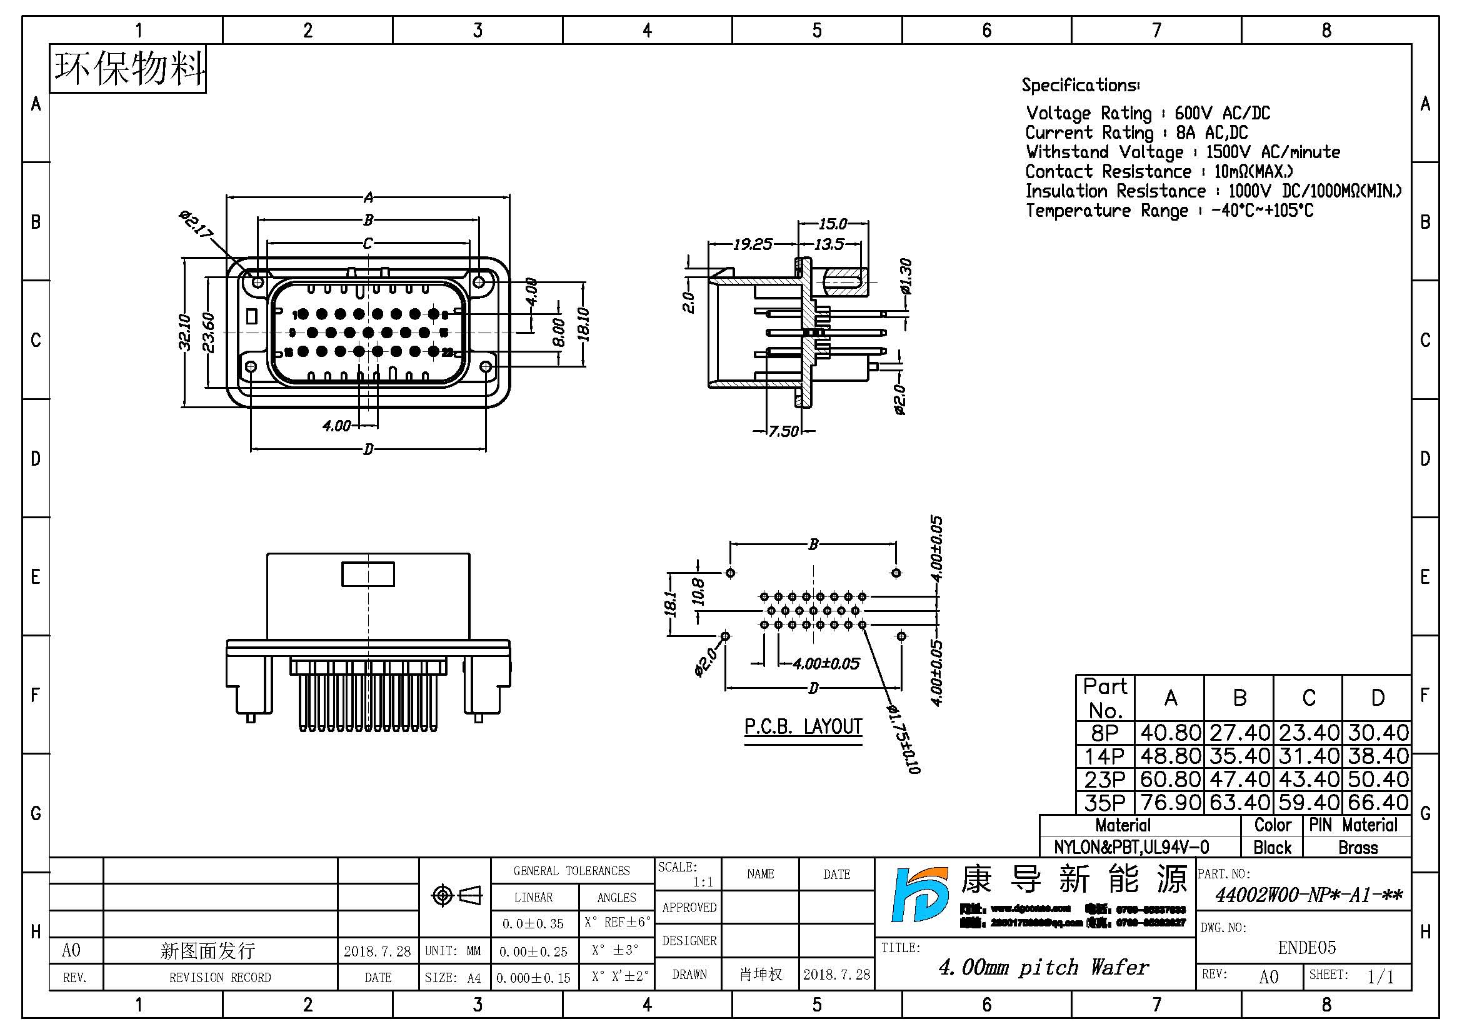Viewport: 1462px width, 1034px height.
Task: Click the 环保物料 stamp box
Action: [x=128, y=69]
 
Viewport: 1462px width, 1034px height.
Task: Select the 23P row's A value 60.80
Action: [x=1170, y=779]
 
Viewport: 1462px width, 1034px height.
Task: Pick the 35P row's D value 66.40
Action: [x=1378, y=802]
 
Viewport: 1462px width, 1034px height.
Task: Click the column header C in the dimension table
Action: [x=1308, y=698]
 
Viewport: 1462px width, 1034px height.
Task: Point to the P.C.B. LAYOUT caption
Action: [x=803, y=726]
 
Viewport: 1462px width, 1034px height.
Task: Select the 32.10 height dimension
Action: [x=184, y=333]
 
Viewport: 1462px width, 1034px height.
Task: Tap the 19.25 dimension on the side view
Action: [x=752, y=244]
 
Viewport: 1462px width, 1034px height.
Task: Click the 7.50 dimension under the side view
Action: [x=783, y=432]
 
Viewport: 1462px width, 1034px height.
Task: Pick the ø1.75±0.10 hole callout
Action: [x=904, y=739]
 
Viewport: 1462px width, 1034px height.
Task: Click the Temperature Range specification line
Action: [x=1169, y=211]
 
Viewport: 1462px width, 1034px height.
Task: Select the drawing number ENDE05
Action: [x=1306, y=947]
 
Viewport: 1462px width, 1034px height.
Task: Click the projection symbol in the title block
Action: [x=456, y=896]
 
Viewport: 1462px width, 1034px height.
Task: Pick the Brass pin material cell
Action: [x=1358, y=848]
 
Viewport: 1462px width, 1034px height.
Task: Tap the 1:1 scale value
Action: [x=703, y=882]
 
